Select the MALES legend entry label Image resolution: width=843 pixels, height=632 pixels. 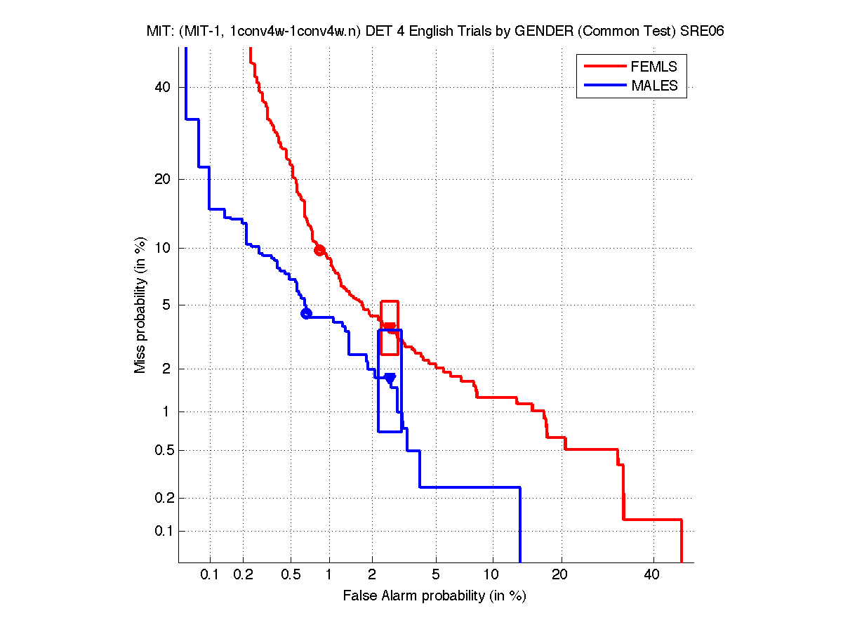pos(655,86)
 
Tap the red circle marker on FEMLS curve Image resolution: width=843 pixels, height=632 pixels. pos(319,250)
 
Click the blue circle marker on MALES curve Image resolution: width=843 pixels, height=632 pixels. pos(306,313)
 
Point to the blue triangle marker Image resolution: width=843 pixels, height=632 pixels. pos(390,378)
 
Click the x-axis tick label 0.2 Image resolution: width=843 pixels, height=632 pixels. pos(243,575)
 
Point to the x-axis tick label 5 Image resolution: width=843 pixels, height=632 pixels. pos(436,575)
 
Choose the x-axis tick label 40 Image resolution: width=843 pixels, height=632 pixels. pos(653,575)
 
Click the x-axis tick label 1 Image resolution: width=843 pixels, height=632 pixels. pos(329,575)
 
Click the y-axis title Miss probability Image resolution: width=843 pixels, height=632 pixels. pos(141,305)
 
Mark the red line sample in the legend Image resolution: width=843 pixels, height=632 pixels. pos(604,66)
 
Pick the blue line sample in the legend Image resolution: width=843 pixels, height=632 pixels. pos(604,86)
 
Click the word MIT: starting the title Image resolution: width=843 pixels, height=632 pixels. pos(159,31)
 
